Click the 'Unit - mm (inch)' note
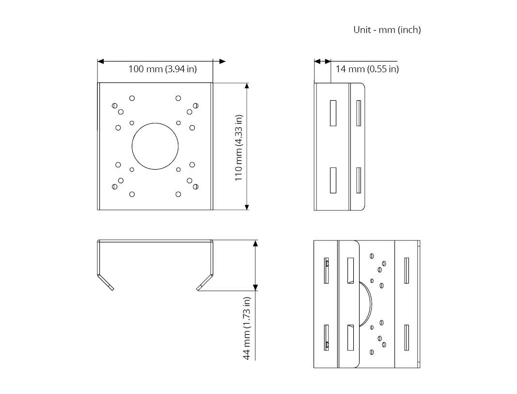[387, 30]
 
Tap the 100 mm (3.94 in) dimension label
[162, 69]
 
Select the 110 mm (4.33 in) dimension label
[239, 147]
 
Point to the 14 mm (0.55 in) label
[367, 69]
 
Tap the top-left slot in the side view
[333, 113]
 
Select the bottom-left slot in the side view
[333, 180]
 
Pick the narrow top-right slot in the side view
[359, 113]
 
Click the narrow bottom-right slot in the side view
[359, 180]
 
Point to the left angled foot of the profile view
[105, 282]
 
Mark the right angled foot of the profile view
[205, 282]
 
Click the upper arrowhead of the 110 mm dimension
[247, 86]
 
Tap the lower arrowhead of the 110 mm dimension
[247, 207]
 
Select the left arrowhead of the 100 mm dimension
[101, 62]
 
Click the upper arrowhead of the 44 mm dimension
[255, 244]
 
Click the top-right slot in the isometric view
[406, 270]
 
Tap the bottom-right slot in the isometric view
[406, 338]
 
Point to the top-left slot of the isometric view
[326, 270]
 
